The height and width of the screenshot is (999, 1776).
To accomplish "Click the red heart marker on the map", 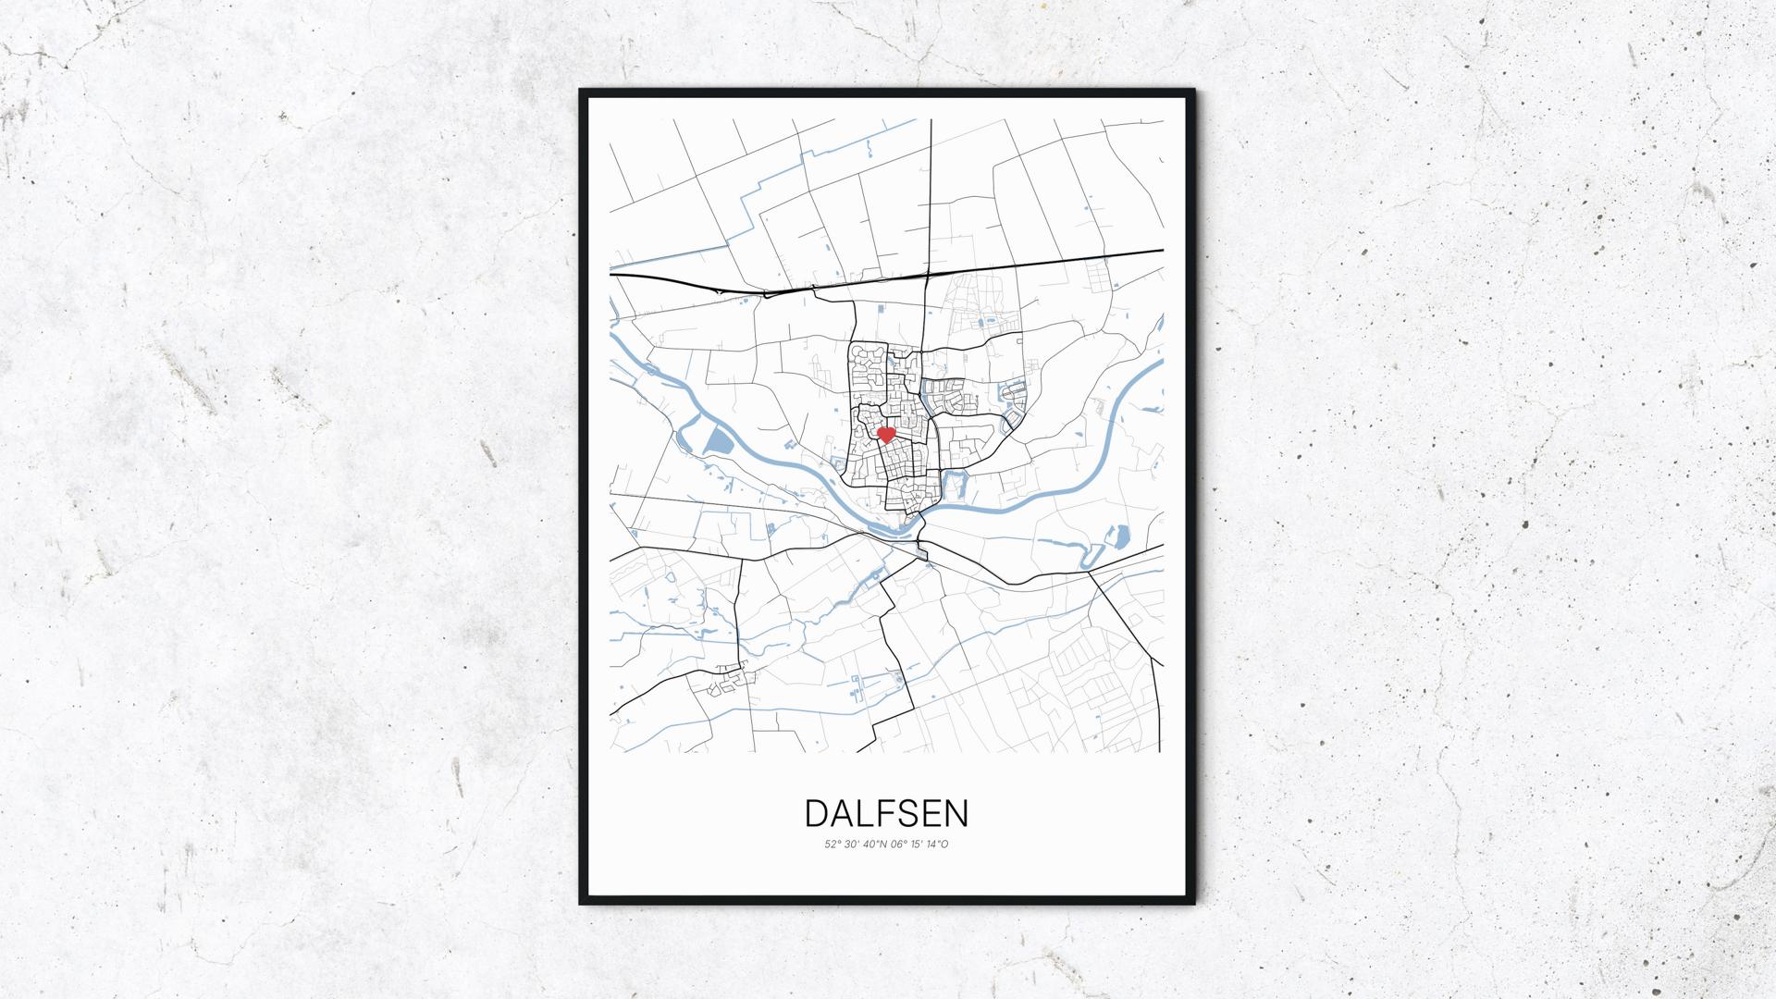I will point(885,434).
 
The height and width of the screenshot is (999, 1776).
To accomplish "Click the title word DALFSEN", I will point(887,813).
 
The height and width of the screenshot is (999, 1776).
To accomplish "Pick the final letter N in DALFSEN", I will point(956,813).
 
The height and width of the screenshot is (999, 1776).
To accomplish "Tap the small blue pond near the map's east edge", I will point(1119,535).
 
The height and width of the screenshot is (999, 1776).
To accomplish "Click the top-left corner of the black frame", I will point(582,91).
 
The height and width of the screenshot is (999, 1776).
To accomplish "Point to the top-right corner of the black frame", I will point(1193,91).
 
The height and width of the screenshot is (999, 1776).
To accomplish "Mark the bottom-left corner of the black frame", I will point(582,903).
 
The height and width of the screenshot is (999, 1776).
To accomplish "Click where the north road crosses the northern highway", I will point(928,274).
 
